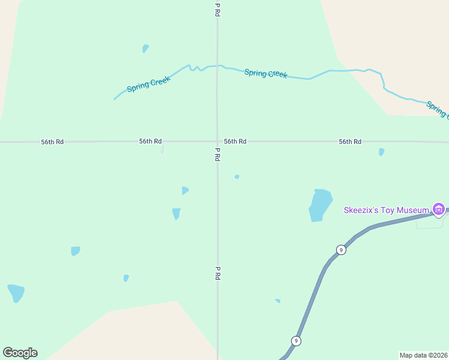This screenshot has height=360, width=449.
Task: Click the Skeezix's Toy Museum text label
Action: tap(386, 210)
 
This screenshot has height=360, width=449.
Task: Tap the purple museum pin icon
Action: tap(439, 209)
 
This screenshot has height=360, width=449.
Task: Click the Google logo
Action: tap(20, 353)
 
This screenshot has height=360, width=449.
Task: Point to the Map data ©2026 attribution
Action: tap(423, 355)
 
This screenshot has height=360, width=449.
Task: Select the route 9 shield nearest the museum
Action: tap(340, 250)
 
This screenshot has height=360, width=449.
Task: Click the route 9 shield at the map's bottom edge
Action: tap(295, 341)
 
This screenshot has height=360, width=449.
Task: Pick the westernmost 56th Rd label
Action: tap(52, 142)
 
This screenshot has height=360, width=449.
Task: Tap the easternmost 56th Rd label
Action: tap(350, 142)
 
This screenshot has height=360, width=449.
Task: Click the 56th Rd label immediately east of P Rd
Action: tap(235, 142)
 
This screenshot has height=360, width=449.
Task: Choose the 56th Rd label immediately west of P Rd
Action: tap(150, 142)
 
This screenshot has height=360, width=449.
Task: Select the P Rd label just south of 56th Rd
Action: tap(218, 155)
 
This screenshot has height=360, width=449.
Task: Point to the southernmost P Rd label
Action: tap(218, 273)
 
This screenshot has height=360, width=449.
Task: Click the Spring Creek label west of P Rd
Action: tap(149, 84)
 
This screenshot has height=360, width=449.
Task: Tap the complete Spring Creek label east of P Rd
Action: tap(266, 73)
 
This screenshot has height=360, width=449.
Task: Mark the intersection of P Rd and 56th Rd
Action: tap(217, 142)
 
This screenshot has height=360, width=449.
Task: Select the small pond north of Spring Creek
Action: tap(145, 48)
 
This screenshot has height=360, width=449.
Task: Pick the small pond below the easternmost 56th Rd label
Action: tap(381, 152)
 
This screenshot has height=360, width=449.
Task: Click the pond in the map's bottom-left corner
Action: tap(16, 293)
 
